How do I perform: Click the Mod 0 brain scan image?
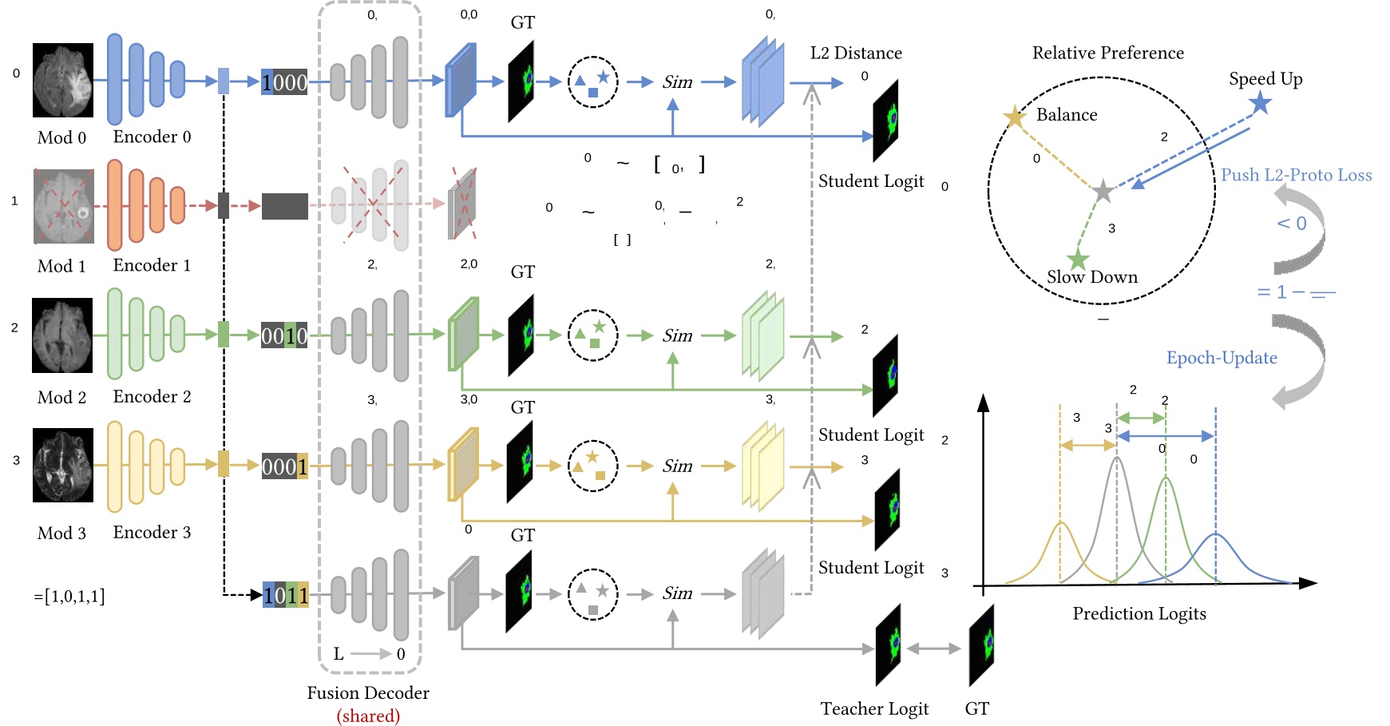point(62,80)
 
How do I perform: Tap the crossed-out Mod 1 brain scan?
point(63,206)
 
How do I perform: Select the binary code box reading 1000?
point(284,82)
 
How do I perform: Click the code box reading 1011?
point(286,595)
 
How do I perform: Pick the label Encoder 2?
point(152,397)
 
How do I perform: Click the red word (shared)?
point(368,716)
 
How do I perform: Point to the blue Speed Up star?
point(1260,103)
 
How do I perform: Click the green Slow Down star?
point(1078,259)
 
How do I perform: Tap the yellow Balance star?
point(1014,117)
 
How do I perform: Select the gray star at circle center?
point(1103,191)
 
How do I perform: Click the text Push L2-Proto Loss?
point(1296,175)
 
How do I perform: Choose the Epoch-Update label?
point(1222,358)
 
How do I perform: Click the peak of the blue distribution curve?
point(1215,534)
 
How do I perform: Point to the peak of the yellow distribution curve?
point(1060,522)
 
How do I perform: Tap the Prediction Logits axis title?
point(1139,613)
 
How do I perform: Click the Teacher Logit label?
point(874,708)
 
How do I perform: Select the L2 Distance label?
point(856,54)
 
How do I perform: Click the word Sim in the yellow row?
point(677,466)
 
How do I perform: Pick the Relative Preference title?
point(1107,54)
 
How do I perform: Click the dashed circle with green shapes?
point(592,335)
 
